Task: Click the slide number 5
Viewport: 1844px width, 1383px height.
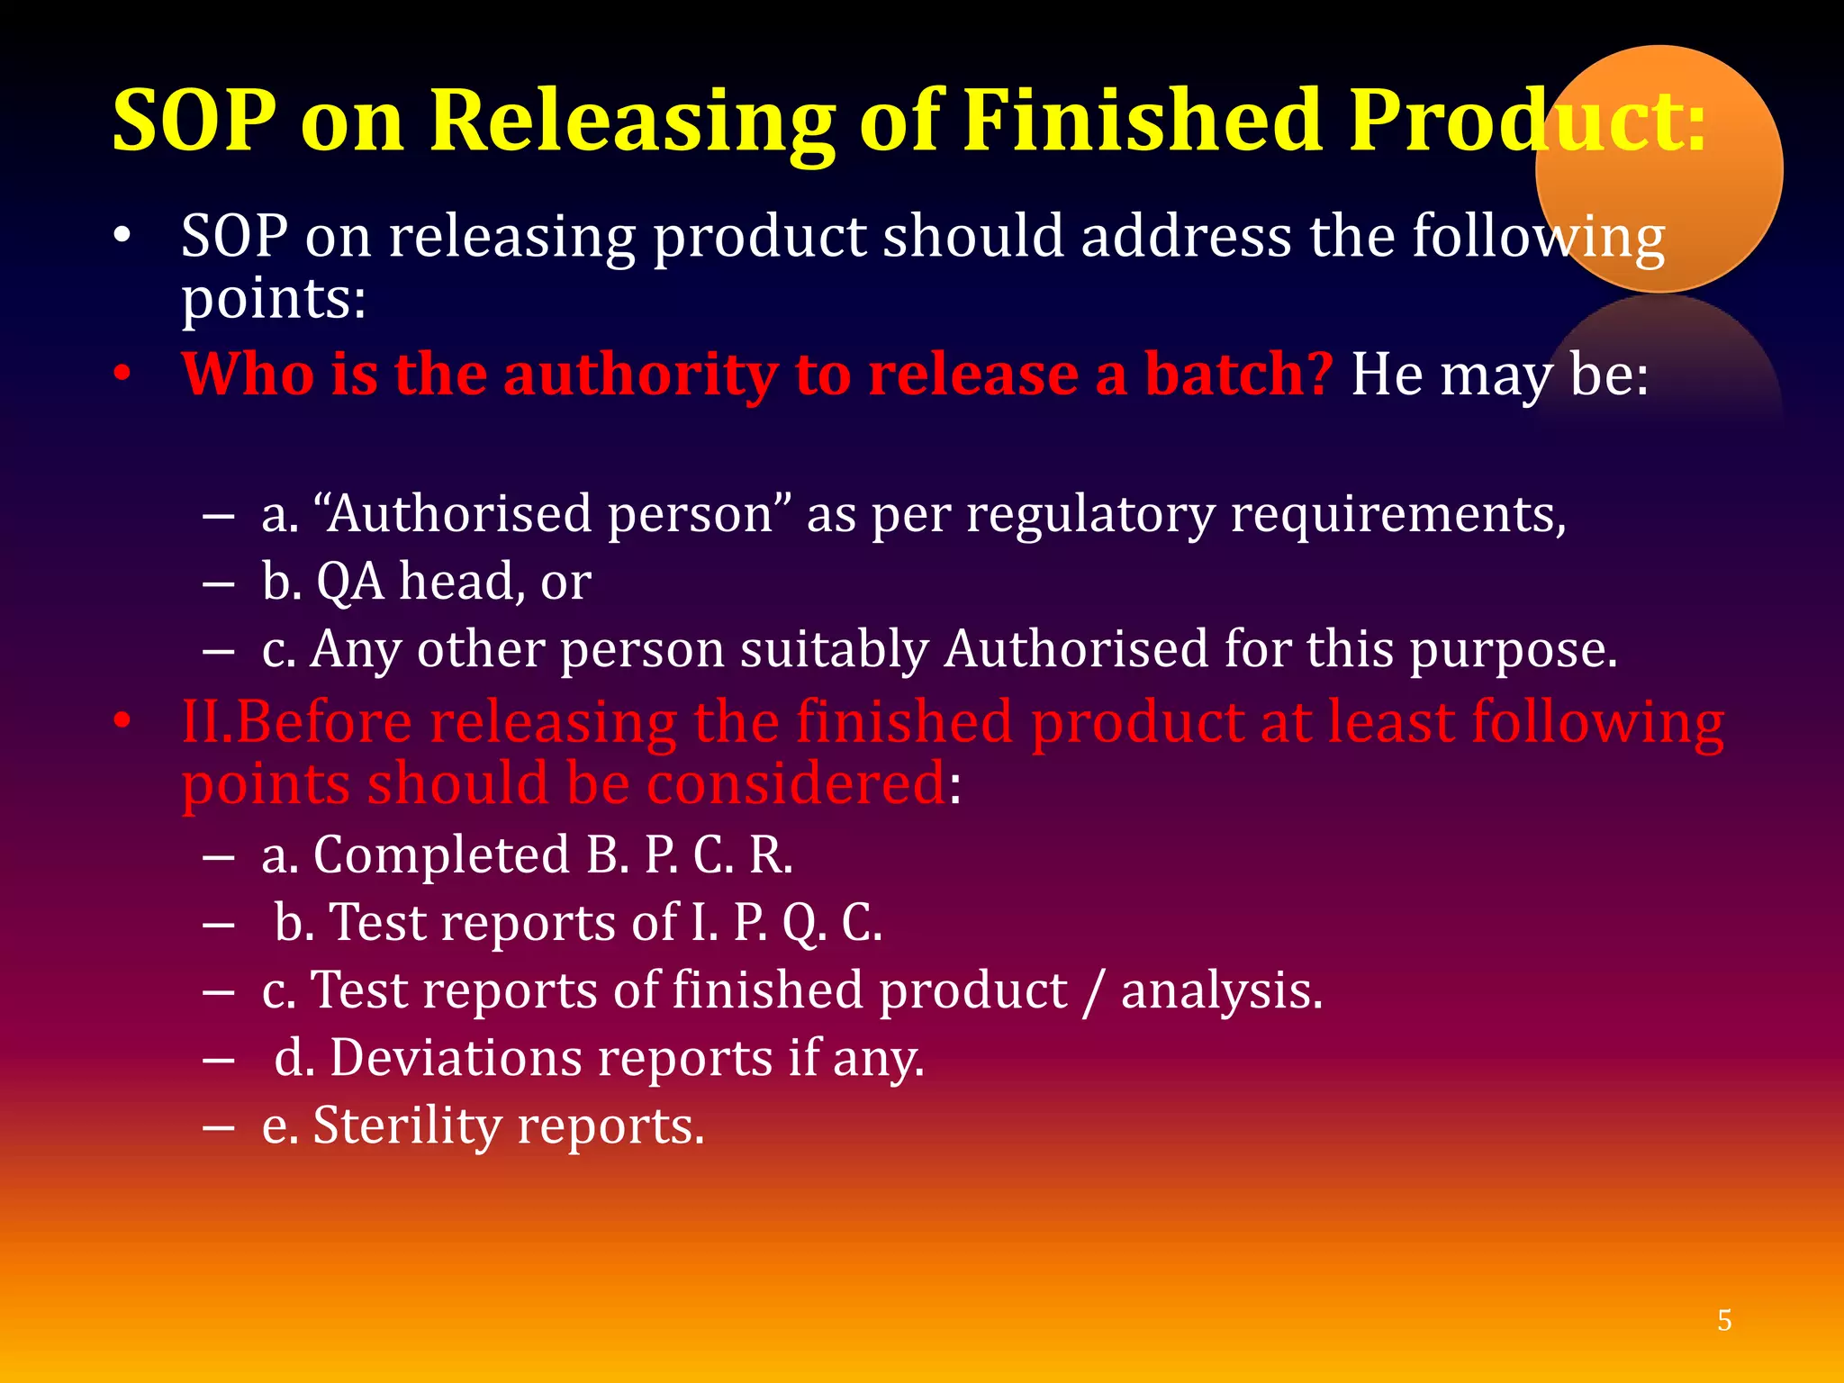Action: click(1724, 1320)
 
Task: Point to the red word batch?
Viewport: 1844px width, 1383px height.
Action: click(1238, 374)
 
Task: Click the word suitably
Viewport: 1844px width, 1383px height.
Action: click(834, 650)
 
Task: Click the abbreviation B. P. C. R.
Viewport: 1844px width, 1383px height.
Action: click(689, 854)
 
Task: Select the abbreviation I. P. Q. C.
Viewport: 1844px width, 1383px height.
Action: click(786, 923)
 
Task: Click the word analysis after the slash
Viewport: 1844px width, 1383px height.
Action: click(1220, 991)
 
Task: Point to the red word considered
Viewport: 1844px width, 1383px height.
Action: click(796, 783)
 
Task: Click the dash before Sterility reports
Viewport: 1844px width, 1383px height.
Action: click(219, 1127)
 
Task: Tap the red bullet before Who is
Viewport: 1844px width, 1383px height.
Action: click(123, 374)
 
